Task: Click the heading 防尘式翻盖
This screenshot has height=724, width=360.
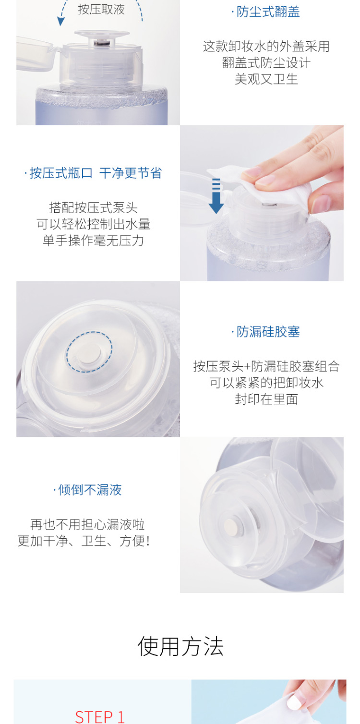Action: click(x=268, y=12)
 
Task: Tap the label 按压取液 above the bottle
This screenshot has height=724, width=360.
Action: click(x=101, y=10)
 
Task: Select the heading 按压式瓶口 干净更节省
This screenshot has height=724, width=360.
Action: click(x=96, y=173)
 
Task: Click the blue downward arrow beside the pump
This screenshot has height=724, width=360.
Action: click(x=216, y=195)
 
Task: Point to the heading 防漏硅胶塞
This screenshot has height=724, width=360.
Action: click(x=268, y=332)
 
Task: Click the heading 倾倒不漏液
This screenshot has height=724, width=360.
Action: click(x=90, y=490)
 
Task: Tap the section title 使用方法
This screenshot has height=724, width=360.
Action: click(x=180, y=646)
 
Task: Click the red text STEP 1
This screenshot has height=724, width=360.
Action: click(x=100, y=716)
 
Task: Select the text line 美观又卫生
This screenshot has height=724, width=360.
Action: click(x=266, y=79)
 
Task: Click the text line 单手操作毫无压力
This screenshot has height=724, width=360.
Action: click(x=94, y=241)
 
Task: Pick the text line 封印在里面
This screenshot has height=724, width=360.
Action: click(x=266, y=399)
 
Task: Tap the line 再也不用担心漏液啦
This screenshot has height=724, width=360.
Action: click(x=87, y=524)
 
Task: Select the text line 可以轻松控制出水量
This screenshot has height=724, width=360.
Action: click(x=94, y=224)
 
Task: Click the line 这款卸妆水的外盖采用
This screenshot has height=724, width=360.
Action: click(x=266, y=46)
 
